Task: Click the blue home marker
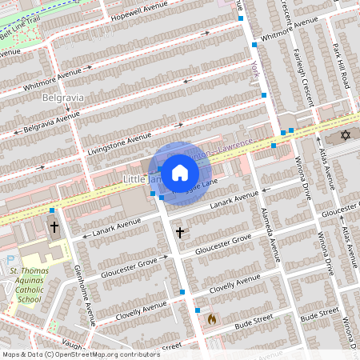coord(180,172)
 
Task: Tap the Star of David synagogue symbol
coord(346,135)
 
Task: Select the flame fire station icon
coord(212,318)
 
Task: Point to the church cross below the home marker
coord(180,233)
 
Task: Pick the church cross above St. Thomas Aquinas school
coord(54,227)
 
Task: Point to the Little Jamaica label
coord(137,177)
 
